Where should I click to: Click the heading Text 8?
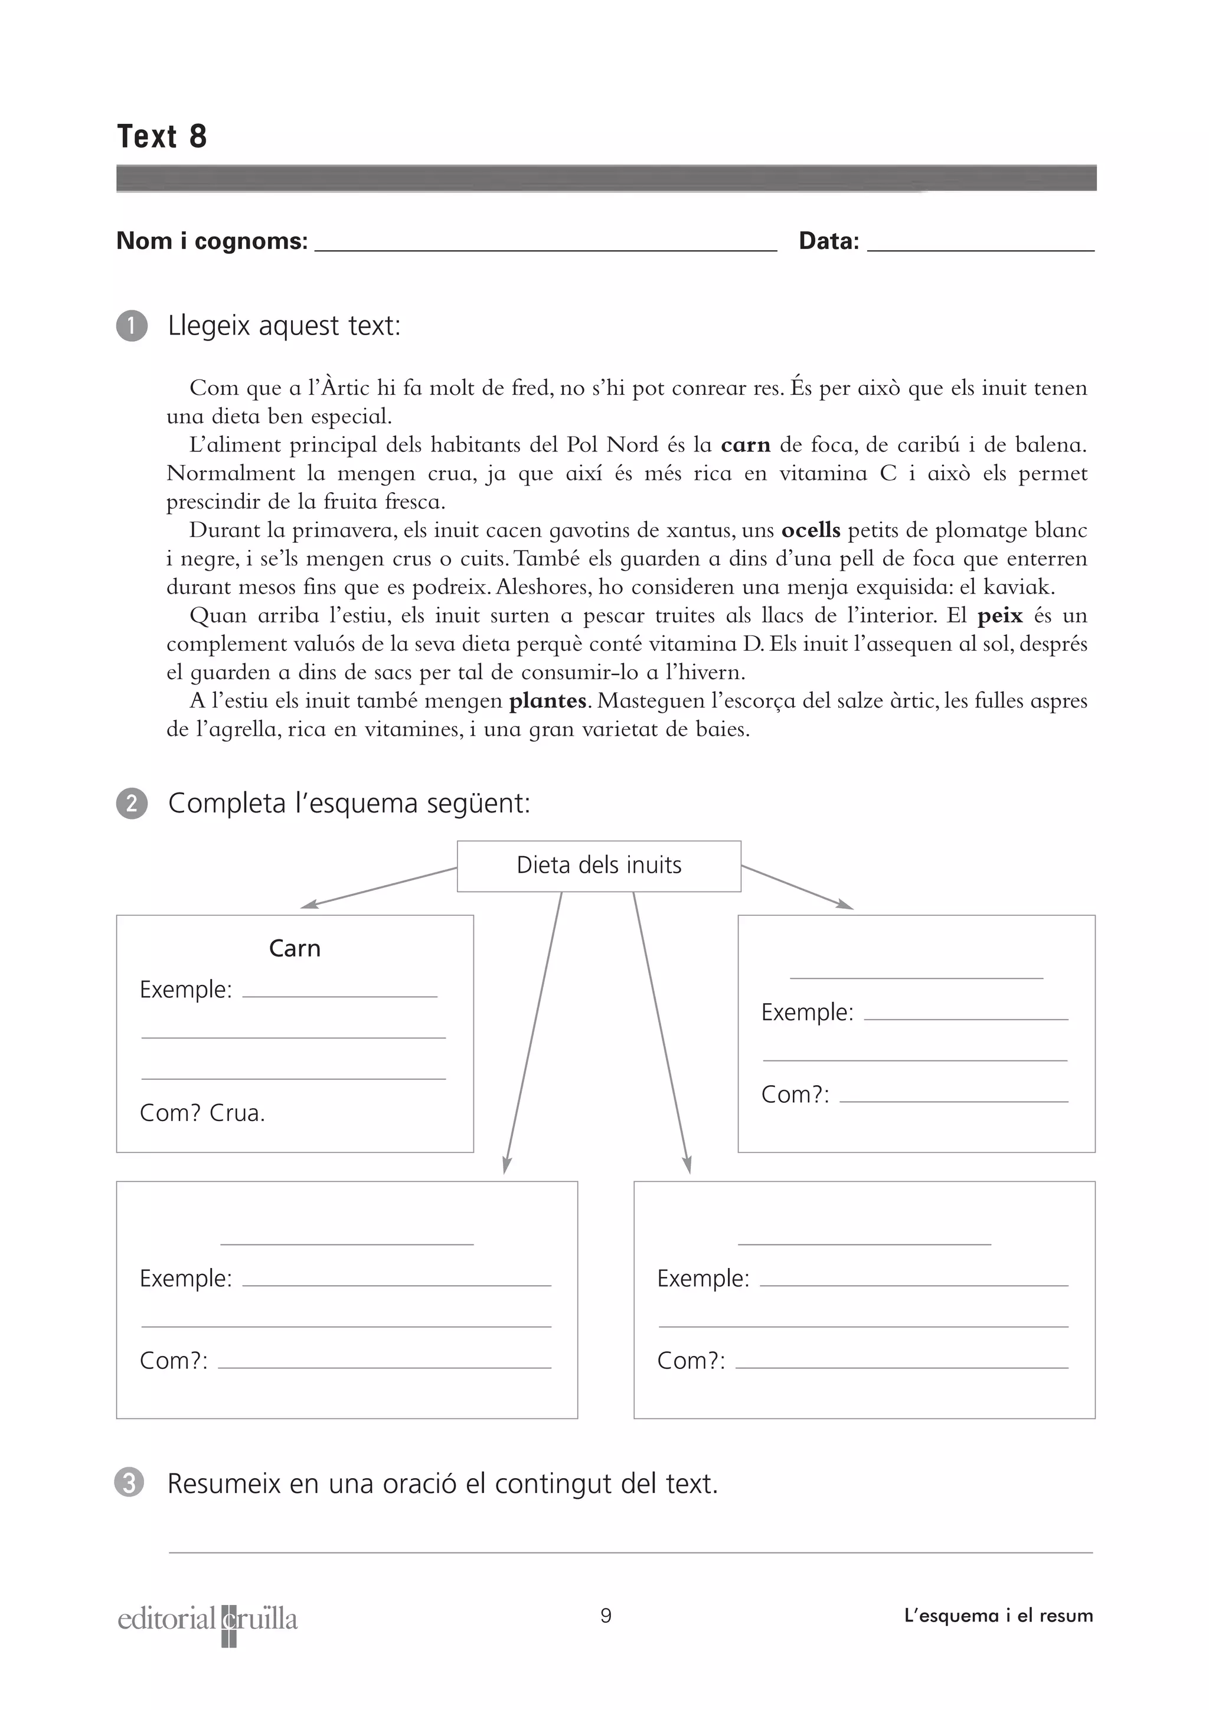coord(162,136)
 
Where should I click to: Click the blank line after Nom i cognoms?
coord(545,246)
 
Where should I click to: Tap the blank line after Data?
coord(981,246)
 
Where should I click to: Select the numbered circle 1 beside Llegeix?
coord(132,326)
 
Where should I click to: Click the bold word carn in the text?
coord(745,445)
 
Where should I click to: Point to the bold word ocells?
coord(811,530)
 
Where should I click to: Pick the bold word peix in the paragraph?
coord(999,615)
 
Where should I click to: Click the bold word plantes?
coord(547,701)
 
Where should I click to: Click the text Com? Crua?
coord(202,1113)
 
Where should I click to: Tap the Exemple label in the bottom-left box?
coord(185,1279)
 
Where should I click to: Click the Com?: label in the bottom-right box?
coord(691,1361)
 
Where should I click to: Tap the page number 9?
coord(606,1616)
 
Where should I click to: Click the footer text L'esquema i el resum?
coord(998,1616)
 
